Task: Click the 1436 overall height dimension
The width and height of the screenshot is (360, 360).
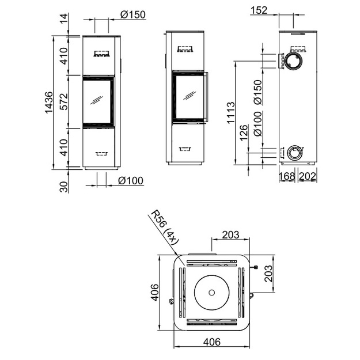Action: click(x=49, y=103)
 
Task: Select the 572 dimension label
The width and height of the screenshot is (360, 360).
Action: click(x=64, y=102)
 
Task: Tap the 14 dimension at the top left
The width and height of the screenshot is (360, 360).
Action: click(x=64, y=18)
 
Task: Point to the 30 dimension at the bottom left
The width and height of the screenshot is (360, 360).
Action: click(x=64, y=187)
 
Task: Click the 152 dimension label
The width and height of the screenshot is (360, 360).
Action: click(x=259, y=10)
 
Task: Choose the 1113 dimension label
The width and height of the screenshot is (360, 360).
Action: click(x=231, y=113)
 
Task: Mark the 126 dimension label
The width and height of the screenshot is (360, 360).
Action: click(x=244, y=132)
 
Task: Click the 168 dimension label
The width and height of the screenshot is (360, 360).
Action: click(x=286, y=176)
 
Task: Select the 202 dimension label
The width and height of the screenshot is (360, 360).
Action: click(x=308, y=176)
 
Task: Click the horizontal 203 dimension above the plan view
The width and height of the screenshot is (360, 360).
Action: click(x=230, y=234)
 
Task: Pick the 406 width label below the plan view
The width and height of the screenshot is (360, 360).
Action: click(x=212, y=342)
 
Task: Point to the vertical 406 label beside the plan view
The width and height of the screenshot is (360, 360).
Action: click(x=155, y=293)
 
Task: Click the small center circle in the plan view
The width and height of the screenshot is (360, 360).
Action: click(x=212, y=293)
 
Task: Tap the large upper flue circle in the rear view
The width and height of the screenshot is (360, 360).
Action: click(x=293, y=61)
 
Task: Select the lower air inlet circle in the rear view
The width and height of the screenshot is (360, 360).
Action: click(x=295, y=153)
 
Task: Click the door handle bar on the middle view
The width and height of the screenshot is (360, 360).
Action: click(x=206, y=97)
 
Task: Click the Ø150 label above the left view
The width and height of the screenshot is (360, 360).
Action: click(x=133, y=15)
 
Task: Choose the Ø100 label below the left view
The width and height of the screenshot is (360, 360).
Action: click(x=131, y=181)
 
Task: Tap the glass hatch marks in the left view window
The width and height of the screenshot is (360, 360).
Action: click(x=96, y=100)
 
